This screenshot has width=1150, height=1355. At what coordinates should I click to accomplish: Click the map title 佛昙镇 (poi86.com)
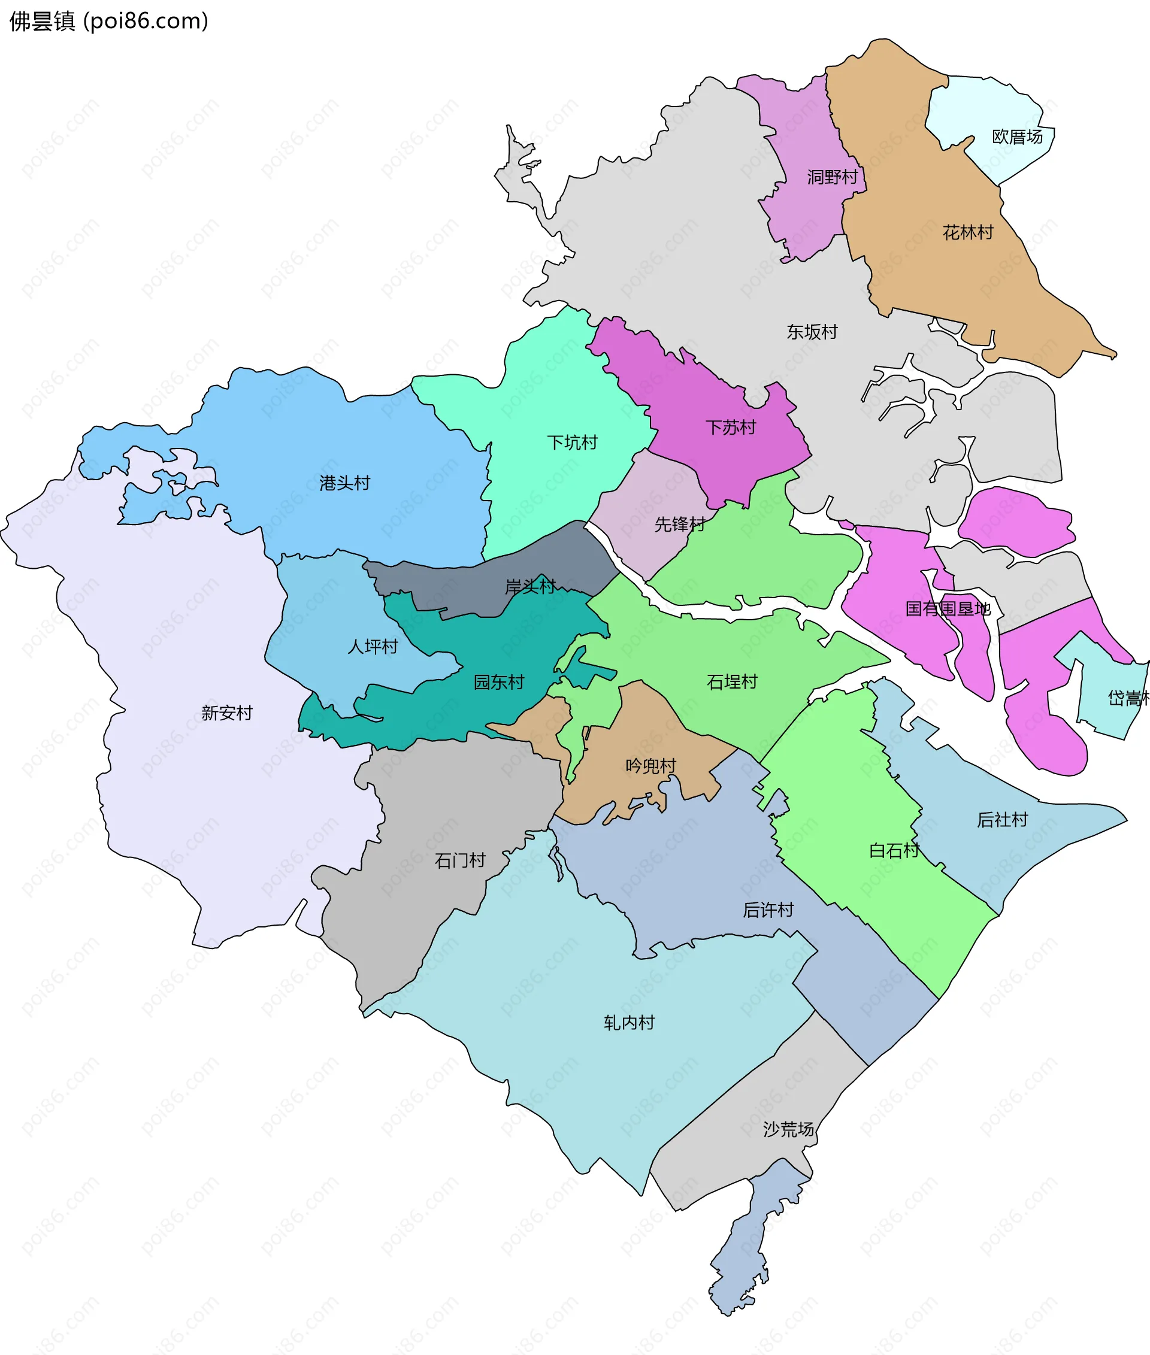coord(109,21)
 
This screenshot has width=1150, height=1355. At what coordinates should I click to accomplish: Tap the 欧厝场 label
coord(1017,137)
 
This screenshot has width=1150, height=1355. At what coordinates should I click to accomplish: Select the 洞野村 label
coord(833,177)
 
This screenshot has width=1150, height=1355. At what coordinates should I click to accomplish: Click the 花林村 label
coord(967,233)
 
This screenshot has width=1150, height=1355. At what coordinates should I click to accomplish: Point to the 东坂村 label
coord(812,332)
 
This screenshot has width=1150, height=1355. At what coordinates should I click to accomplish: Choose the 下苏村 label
coord(731,428)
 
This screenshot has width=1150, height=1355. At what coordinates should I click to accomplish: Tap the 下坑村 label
coord(572,443)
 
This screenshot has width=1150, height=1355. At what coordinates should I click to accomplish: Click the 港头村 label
coord(344,483)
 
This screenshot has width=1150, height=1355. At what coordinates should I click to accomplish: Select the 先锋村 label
coord(679,524)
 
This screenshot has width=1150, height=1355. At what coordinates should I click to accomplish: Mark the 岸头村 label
coord(530,587)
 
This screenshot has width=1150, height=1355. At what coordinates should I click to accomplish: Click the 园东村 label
coord(499,683)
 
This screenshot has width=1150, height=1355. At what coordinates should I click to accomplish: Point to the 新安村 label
coord(226,713)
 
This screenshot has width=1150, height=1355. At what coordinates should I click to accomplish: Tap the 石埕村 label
coord(732,683)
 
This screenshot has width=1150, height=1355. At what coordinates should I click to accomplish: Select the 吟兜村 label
coord(650,766)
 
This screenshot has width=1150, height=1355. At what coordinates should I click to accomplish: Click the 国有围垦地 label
coord(948,609)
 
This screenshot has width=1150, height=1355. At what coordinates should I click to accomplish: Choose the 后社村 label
coord(1002,820)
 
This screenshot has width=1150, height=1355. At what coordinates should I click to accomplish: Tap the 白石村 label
coord(894,850)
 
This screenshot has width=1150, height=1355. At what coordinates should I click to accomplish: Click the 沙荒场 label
coord(788,1129)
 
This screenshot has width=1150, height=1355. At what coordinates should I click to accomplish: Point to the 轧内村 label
coord(628,1023)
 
